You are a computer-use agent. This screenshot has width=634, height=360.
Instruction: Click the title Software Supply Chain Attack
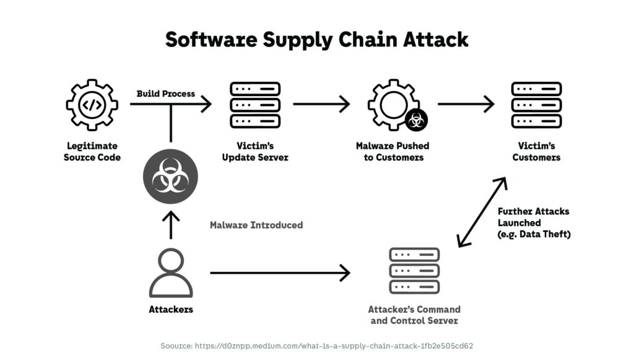pyautogui.click(x=316, y=39)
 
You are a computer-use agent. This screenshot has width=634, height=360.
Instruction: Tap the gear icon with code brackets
pyautogui.click(x=92, y=104)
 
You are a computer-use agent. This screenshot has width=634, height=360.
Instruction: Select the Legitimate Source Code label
pyautogui.click(x=92, y=152)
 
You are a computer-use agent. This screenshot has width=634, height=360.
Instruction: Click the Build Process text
pyautogui.click(x=165, y=94)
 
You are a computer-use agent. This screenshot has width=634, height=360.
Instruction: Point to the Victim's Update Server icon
pyautogui.click(x=255, y=104)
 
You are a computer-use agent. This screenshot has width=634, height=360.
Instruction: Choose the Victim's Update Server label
pyautogui.click(x=255, y=152)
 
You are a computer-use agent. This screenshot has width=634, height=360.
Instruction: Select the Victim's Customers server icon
pyautogui.click(x=536, y=104)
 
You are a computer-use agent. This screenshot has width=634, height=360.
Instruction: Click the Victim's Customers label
pyautogui.click(x=536, y=152)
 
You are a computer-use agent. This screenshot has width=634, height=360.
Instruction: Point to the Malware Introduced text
pyautogui.click(x=256, y=225)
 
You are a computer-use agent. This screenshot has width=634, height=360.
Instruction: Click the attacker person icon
pyautogui.click(x=170, y=273)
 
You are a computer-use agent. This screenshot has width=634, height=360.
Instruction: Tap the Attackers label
pyautogui.click(x=170, y=309)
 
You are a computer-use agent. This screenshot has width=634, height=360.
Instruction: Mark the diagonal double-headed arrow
pyautogui.click(x=482, y=213)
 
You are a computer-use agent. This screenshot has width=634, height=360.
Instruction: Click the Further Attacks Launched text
pyautogui.click(x=534, y=222)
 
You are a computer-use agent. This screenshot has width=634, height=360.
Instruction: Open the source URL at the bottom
pyautogui.click(x=316, y=345)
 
